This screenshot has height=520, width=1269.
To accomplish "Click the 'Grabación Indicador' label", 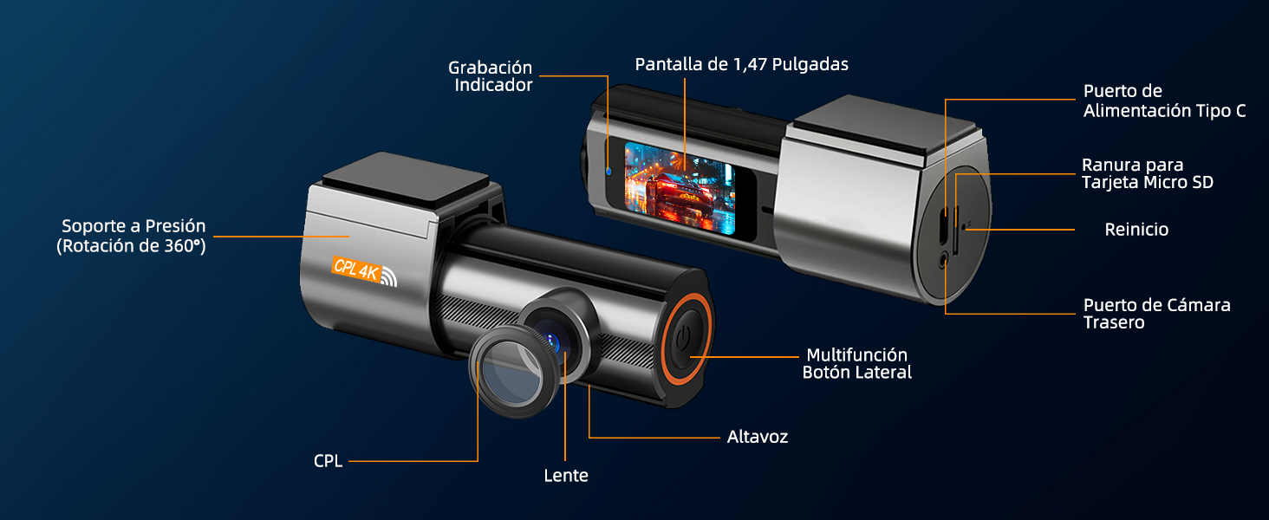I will pyautogui.click(x=490, y=76).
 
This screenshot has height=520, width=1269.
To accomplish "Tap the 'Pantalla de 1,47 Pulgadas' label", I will pyautogui.click(x=741, y=64).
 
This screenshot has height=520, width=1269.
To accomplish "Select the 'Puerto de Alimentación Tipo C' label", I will pyautogui.click(x=1164, y=101).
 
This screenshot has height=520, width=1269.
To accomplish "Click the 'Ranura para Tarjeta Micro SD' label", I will pyautogui.click(x=1147, y=173).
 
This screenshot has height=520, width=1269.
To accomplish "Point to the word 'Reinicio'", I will pyautogui.click(x=1136, y=230).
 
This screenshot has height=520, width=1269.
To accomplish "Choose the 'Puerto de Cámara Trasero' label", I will pyautogui.click(x=1156, y=314).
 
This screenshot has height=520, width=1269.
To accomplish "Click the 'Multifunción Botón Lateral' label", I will pyautogui.click(x=856, y=363).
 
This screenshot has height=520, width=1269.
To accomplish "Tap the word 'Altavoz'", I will pyautogui.click(x=757, y=437).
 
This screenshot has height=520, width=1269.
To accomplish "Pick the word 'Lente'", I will pyautogui.click(x=566, y=476).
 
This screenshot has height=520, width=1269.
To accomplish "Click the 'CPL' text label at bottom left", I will pyautogui.click(x=328, y=461).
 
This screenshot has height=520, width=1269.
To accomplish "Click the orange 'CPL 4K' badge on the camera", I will pyautogui.click(x=356, y=270).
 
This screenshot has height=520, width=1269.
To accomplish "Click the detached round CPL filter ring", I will pyautogui.click(x=511, y=372).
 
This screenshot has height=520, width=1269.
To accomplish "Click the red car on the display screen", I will pyautogui.click(x=679, y=185).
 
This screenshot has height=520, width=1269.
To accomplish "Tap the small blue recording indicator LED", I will pyautogui.click(x=608, y=170).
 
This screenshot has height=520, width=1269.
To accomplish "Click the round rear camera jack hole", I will pyautogui.click(x=943, y=257).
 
